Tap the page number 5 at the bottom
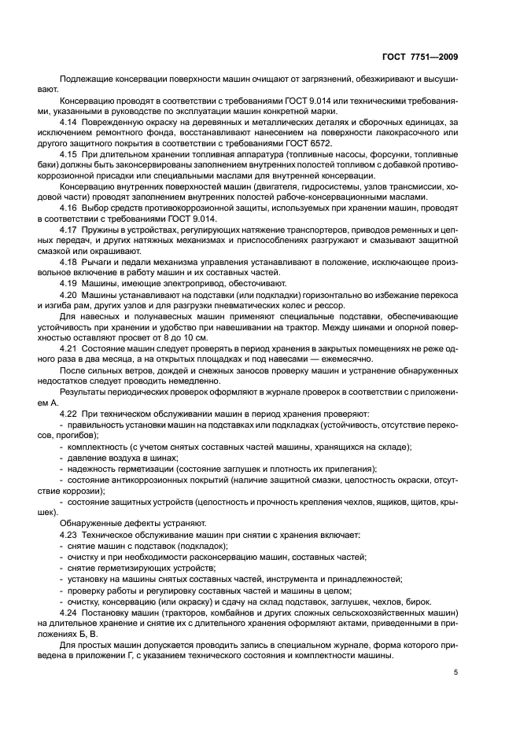point(456,672)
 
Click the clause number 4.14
point(69,123)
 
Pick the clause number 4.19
point(69,282)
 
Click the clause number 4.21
point(69,348)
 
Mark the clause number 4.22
point(69,414)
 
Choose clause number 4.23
point(69,535)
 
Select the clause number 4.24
point(69,612)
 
